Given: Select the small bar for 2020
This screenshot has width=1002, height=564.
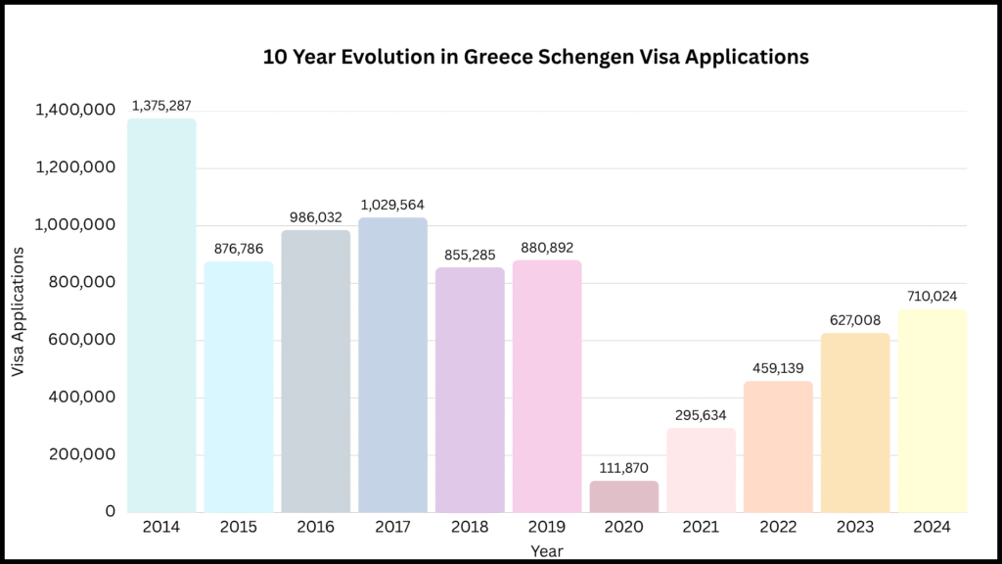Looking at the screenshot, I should click(x=624, y=496).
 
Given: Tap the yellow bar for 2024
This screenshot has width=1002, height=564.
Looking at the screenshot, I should click(x=932, y=411).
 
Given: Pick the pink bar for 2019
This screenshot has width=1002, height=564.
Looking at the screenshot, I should click(x=547, y=386).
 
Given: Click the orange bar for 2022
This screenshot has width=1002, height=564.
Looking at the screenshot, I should click(x=778, y=446).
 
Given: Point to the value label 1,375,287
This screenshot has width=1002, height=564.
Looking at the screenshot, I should click(x=161, y=106).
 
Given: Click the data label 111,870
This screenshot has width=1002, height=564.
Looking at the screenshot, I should click(x=624, y=467).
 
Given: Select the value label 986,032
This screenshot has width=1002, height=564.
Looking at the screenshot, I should click(x=315, y=216).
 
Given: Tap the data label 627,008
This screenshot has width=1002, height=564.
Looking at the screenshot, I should click(x=855, y=319).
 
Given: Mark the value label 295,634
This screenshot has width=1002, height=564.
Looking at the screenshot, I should click(x=701, y=414).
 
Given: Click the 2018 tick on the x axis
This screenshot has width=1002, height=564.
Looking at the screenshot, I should click(x=470, y=527).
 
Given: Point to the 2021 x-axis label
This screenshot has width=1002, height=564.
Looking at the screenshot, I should click(x=701, y=527).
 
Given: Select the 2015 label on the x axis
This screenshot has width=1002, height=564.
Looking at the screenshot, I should click(x=239, y=527).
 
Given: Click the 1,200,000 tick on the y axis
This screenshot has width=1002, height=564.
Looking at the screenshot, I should click(x=75, y=167).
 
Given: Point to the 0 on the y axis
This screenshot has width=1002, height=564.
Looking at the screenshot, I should click(x=110, y=511).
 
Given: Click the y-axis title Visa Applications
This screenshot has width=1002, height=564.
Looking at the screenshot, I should click(x=18, y=311).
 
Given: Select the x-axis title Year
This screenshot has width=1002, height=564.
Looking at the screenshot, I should click(x=547, y=550).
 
